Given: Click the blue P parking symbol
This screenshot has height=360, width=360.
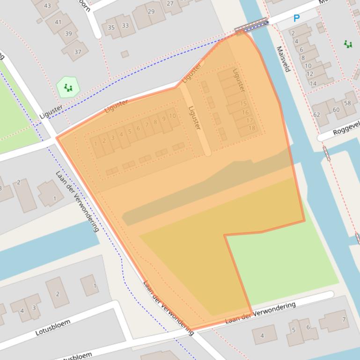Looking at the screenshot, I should coord(296,18).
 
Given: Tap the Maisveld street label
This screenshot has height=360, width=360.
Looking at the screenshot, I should coord(283,59).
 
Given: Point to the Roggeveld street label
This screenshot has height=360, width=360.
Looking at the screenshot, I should coord(346,127).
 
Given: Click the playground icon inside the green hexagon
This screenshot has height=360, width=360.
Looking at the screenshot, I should coord(68,87).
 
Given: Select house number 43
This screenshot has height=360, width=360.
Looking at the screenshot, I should coord(47,6).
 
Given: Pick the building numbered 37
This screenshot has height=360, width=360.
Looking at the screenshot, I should coord(78,51).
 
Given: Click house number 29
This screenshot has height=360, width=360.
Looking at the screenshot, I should coord(151,12).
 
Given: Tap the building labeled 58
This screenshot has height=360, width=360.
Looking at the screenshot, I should coord(347,103).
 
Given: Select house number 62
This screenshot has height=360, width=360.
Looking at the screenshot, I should coord(317,115).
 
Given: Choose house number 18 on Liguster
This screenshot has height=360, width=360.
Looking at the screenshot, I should coord(251,128).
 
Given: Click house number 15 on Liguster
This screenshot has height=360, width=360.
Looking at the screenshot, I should coord(243,104).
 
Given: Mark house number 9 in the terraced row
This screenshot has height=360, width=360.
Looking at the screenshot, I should coord(163,119).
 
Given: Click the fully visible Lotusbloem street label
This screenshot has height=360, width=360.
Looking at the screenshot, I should coord(53,327).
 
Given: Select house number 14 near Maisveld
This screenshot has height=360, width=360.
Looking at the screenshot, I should coord(313,84).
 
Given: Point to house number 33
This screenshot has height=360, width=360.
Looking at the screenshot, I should coord(125,26).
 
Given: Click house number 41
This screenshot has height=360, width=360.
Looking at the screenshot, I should coord(58,22).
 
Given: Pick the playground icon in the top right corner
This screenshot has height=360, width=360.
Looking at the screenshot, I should coord(348,44).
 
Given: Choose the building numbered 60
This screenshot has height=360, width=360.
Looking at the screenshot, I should coord(336,110).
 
